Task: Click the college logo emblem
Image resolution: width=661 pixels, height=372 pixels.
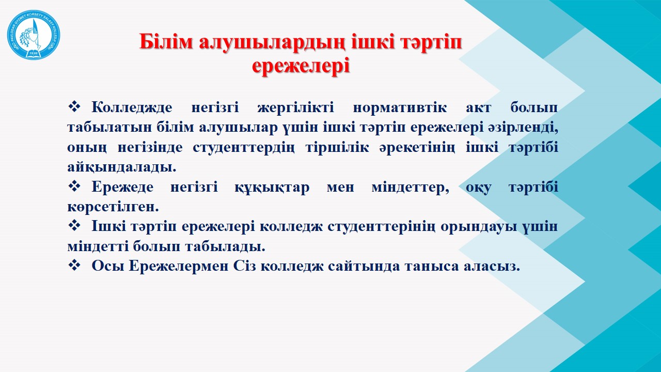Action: click(34, 35)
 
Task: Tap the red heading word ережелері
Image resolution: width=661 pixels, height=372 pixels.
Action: click(301, 66)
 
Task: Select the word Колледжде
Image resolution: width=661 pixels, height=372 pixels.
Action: click(132, 107)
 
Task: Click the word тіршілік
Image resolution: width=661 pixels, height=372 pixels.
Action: click(337, 147)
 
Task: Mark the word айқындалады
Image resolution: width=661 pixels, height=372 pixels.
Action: click(121, 167)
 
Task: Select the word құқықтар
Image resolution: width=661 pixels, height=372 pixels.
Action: click(272, 188)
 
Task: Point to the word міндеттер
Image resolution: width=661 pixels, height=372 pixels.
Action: click(410, 188)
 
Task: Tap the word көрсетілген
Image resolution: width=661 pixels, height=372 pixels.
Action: click(113, 207)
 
